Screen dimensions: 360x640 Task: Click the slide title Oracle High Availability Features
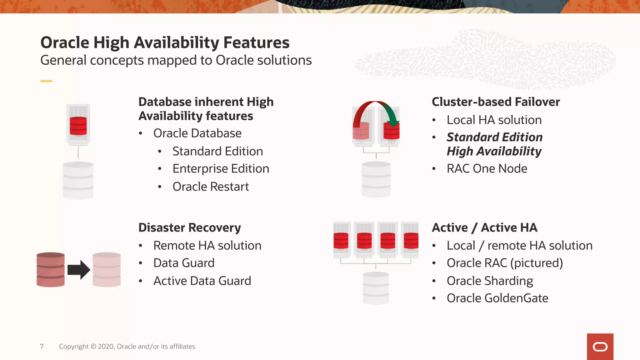(165, 43)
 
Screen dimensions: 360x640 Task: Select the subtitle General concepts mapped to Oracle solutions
(176, 60)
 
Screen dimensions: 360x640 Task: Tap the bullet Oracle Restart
(210, 187)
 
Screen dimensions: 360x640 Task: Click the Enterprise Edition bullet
(221, 169)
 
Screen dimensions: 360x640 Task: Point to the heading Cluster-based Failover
(496, 102)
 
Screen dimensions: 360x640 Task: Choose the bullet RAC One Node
(487, 169)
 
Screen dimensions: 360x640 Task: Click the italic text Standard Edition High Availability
(494, 144)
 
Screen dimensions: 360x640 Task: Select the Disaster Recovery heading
(189, 227)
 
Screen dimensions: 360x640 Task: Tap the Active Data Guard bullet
(202, 281)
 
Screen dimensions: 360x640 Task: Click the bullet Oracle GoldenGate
(497, 298)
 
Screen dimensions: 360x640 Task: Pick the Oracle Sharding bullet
(490, 281)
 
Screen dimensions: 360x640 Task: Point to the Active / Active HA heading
(484, 227)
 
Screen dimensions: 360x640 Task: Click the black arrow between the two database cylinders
(79, 269)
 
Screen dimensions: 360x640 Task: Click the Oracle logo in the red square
(600, 347)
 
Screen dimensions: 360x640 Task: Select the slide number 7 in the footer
(42, 346)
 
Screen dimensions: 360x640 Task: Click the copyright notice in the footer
(127, 346)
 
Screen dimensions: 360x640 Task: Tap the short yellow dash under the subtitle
(46, 81)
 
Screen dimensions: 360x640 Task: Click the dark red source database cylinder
(51, 269)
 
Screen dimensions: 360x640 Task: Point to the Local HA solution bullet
(494, 120)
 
